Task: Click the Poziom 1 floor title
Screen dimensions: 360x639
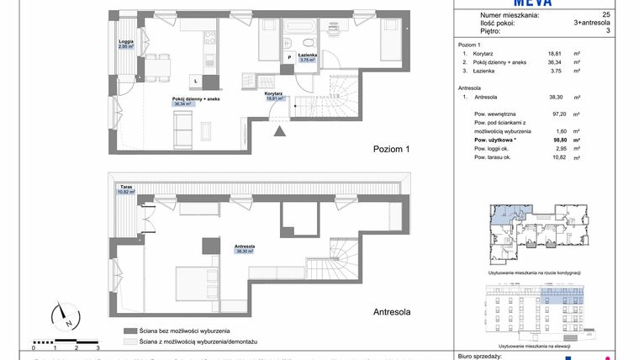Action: pyautogui.click(x=391, y=148)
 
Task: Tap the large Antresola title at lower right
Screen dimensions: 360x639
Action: pyautogui.click(x=391, y=311)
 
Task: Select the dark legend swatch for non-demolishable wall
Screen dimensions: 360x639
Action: pyautogui.click(x=129, y=331)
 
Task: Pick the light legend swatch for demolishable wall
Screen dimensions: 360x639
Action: pyautogui.click(x=129, y=342)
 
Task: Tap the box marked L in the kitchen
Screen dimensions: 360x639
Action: pyautogui.click(x=195, y=80)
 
